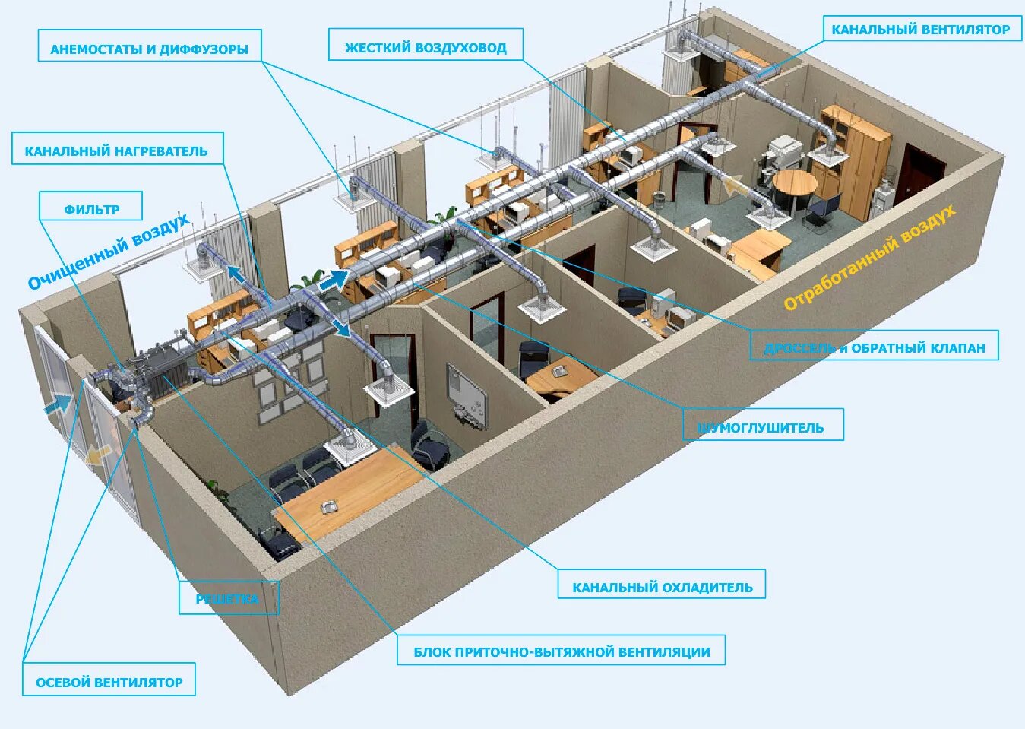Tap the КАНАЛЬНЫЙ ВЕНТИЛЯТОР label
click(920, 28)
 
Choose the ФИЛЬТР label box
click(91, 208)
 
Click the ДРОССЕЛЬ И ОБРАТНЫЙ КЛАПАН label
click(874, 347)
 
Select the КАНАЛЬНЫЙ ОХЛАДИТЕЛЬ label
click(662, 586)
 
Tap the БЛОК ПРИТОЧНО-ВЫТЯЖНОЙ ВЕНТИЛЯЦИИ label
click(561, 651)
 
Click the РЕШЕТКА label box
click(228, 597)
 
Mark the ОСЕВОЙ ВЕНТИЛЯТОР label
click(109, 681)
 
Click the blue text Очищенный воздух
click(108, 252)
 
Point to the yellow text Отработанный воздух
click(869, 257)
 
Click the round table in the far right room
click(794, 182)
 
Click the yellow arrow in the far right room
click(735, 185)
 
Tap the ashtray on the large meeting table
click(330, 506)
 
